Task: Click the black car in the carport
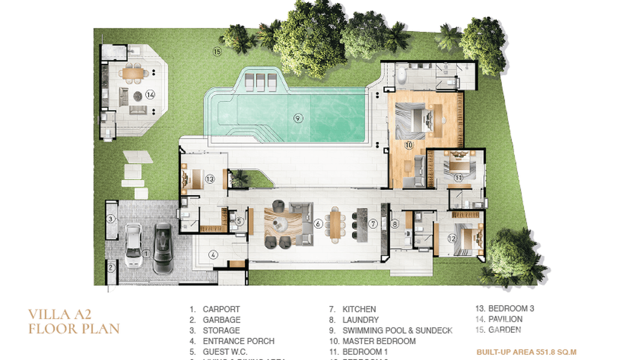coord(162,248)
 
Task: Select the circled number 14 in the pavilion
coord(150,95)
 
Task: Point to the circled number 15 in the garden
coord(217,52)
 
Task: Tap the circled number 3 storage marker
coord(111,219)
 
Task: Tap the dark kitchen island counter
coord(363,223)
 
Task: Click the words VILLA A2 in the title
coord(59,314)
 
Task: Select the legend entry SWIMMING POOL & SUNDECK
coord(397,330)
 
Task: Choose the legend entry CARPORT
coord(221,309)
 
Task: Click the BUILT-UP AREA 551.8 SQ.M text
coord(526,352)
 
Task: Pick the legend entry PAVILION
coord(505,319)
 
